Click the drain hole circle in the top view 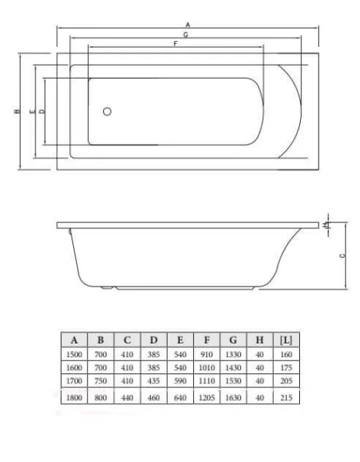(107, 112)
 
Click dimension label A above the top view (188, 25)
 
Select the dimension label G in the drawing (188, 35)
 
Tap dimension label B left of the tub (16, 112)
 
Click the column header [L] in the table (285, 339)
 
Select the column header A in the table (75, 339)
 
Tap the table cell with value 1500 (75, 355)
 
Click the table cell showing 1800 (75, 398)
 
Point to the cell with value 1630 (233, 398)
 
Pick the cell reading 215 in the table (285, 398)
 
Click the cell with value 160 (285, 355)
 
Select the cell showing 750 (101, 380)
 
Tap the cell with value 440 (128, 398)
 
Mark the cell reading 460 (154, 398)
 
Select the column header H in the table (260, 339)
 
